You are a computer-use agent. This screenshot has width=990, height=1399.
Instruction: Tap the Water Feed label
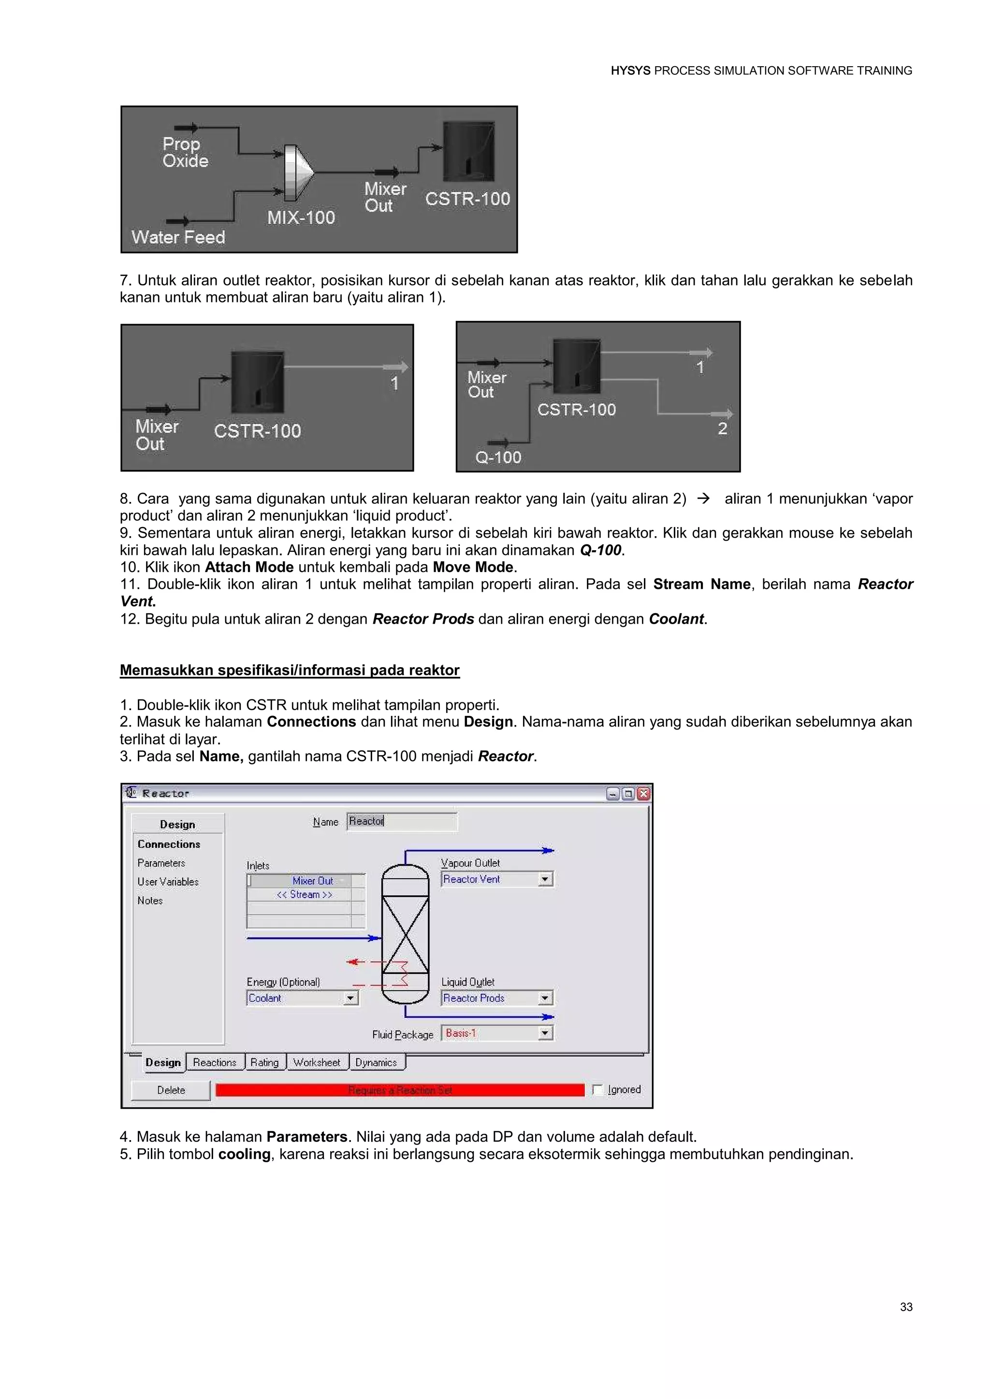click(178, 237)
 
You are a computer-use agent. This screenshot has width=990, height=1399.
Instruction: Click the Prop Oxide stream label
click(185, 152)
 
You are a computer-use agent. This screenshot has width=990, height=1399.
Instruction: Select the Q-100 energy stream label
click(498, 457)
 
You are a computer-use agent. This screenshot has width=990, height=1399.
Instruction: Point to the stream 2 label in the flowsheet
click(722, 428)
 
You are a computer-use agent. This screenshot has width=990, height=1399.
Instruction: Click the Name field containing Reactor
click(401, 821)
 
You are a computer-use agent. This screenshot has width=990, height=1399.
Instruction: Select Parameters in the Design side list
click(161, 863)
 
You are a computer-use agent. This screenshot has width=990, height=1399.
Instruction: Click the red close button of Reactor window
click(644, 793)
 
